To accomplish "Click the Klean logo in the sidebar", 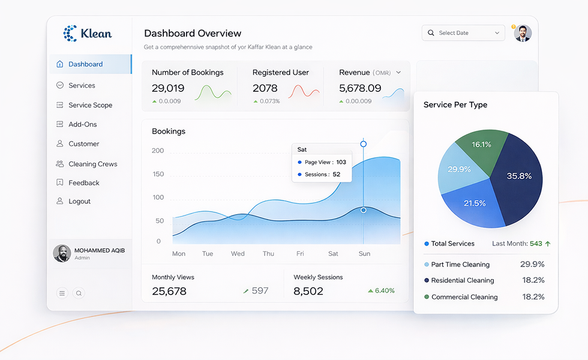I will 88,34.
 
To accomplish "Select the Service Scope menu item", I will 90,105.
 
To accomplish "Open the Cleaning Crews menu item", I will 92,164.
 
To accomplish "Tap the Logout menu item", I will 79,202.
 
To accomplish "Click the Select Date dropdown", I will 463,33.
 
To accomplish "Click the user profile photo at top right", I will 523,33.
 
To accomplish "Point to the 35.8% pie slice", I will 517,175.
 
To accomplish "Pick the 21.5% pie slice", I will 474,203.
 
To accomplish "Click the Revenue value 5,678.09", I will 360,88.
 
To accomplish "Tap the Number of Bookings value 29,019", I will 168,88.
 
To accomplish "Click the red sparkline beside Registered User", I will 304,91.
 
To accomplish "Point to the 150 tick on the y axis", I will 158,174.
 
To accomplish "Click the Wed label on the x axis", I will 238,254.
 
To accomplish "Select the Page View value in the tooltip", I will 341,162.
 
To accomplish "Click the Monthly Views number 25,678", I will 169,291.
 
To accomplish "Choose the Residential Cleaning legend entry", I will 462,280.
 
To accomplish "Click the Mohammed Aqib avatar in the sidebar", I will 62,253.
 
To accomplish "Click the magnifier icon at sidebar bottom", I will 79,293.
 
